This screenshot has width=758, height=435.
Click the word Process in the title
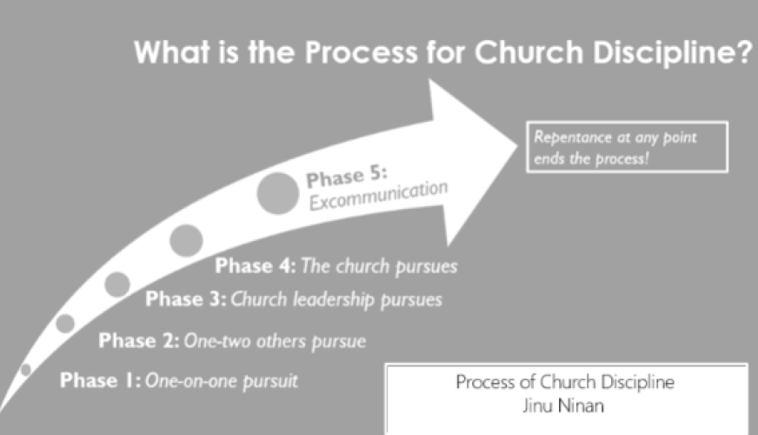[361, 52]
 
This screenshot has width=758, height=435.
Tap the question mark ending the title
[744, 52]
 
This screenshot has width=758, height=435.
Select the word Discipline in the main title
[662, 53]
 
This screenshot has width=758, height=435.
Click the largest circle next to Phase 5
[278, 193]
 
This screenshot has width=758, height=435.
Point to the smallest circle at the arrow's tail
[25, 370]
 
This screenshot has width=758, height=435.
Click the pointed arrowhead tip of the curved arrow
[517, 144]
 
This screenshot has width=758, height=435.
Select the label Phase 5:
[347, 177]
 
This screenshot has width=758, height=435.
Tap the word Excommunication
[378, 196]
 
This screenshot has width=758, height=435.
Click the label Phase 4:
[256, 265]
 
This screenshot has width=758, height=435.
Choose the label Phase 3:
[186, 299]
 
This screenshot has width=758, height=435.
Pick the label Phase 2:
[139, 341]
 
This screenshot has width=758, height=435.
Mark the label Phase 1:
[101, 380]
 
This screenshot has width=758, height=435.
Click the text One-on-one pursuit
[222, 381]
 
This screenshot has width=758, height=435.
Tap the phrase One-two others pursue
[275, 342]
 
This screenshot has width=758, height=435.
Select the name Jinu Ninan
[563, 405]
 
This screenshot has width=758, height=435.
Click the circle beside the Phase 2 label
[65, 324]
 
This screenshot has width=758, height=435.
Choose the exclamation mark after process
[647, 158]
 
